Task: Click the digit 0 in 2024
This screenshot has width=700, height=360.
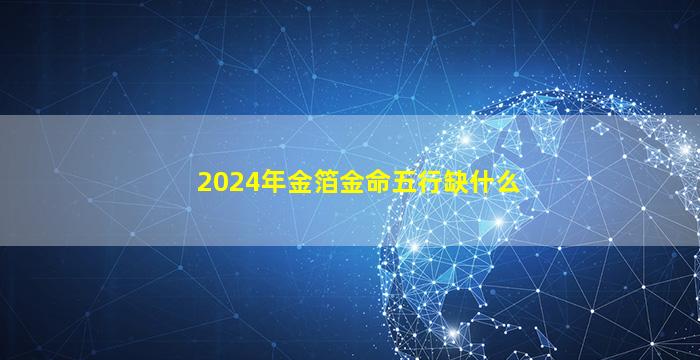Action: pos(221,183)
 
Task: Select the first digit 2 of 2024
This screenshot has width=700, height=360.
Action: pos(205,183)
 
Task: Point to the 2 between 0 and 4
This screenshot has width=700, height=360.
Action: pos(237,183)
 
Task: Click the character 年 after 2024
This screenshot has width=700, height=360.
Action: pos(274,182)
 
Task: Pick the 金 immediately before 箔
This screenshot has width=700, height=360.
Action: pos(300,182)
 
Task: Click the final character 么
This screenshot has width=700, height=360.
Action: pos(508,182)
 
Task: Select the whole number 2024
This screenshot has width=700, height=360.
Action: pos(229,183)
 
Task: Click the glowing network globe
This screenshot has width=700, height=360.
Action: pos(536,232)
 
